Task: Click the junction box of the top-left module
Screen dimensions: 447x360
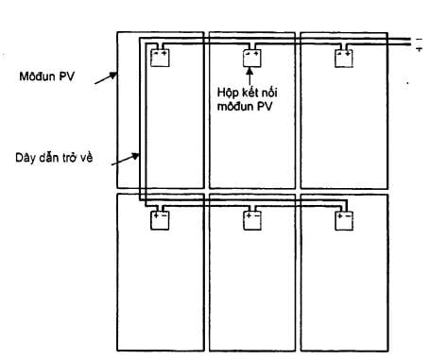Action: click(160, 58)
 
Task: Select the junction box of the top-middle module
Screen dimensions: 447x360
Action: click(252, 59)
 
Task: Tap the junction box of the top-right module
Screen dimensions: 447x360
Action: click(344, 59)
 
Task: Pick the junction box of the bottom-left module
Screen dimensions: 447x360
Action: click(160, 220)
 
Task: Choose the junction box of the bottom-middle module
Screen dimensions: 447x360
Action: click(252, 220)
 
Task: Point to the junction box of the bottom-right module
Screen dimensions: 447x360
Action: click(344, 221)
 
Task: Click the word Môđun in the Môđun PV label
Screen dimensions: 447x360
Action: click(37, 77)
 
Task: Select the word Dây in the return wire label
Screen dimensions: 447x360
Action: click(26, 158)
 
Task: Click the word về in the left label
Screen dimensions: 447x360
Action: click(86, 158)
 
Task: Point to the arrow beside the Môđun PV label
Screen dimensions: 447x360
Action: click(106, 78)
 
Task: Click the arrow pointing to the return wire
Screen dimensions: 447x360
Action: click(126, 159)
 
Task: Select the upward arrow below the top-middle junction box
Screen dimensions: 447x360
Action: click(249, 77)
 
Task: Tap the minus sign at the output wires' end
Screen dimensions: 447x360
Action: click(419, 39)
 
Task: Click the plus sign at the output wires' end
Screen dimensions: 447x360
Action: click(420, 49)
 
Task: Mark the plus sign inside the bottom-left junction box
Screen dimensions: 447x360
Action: click(156, 216)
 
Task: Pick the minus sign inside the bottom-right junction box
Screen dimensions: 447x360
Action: click(348, 216)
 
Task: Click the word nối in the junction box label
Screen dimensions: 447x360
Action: click(268, 93)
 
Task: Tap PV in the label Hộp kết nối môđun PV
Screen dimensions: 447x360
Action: click(264, 107)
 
